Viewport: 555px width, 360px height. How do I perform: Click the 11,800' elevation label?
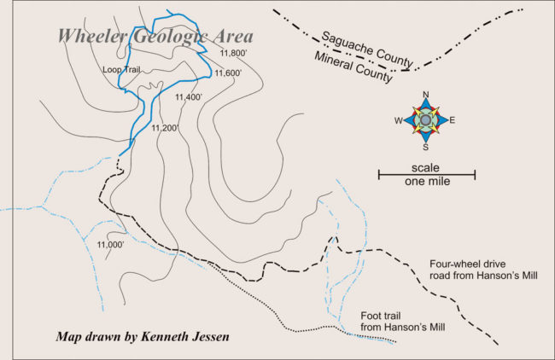click(233, 54)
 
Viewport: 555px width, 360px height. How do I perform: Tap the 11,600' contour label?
click(229, 73)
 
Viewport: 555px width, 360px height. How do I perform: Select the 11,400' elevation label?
click(188, 97)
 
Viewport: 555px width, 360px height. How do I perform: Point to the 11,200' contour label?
click(165, 129)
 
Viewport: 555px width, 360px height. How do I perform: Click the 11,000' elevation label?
click(111, 246)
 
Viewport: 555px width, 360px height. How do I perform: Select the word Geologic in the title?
click(167, 36)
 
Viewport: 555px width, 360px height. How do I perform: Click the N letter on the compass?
click(426, 95)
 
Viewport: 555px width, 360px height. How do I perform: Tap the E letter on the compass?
click(453, 120)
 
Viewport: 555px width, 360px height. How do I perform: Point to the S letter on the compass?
click(426, 146)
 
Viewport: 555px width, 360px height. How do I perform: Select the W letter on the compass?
click(399, 120)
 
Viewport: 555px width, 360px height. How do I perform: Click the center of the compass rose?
click(426, 120)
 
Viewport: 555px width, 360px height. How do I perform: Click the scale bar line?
click(427, 175)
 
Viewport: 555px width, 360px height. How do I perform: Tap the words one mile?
click(427, 182)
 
